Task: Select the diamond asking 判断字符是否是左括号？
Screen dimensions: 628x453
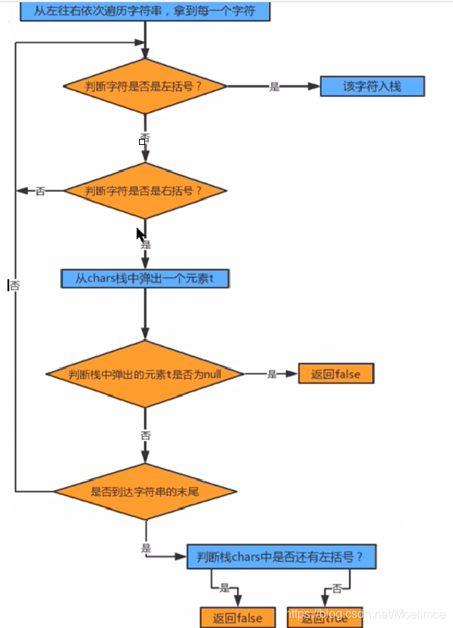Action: click(144, 86)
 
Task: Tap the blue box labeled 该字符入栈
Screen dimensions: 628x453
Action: click(373, 86)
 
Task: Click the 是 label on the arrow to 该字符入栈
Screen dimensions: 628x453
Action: click(274, 87)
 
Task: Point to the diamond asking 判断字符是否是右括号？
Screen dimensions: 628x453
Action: click(144, 191)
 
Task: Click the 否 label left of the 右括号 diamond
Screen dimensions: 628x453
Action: click(40, 191)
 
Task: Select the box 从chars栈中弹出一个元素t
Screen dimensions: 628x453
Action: click(144, 279)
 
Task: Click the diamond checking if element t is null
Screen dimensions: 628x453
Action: click(144, 373)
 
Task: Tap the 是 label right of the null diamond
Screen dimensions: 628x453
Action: click(271, 374)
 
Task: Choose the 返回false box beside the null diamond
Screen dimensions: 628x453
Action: click(336, 373)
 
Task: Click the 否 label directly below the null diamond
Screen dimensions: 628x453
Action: click(145, 435)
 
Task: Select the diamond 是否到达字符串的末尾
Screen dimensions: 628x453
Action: click(144, 491)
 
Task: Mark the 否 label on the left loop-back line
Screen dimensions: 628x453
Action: click(15, 285)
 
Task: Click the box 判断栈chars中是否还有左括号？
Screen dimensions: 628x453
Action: click(280, 556)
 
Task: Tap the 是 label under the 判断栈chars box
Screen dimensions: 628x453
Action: click(224, 588)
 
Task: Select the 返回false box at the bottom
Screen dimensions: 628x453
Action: click(238, 617)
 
